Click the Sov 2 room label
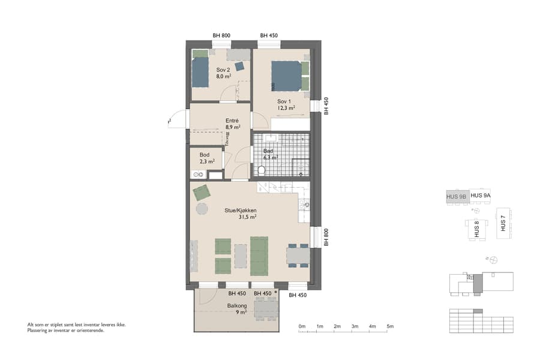pyautogui.click(x=223, y=70)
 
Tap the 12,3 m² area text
pyautogui.click(x=286, y=109)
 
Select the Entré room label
pyautogui.click(x=232, y=120)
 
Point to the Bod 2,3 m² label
pyautogui.click(x=205, y=158)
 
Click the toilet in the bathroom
pyautogui.click(x=261, y=170)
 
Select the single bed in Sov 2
pyautogui.click(x=200, y=72)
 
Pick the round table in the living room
pyautogui.click(x=201, y=209)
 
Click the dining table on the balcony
pyautogui.click(x=266, y=309)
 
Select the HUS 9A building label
pyautogui.click(x=481, y=196)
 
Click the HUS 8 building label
pyautogui.click(x=477, y=229)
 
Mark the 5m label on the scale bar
pyautogui.click(x=390, y=326)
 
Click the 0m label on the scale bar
pyautogui.click(x=302, y=326)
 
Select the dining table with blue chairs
pyautogui.click(x=298, y=256)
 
